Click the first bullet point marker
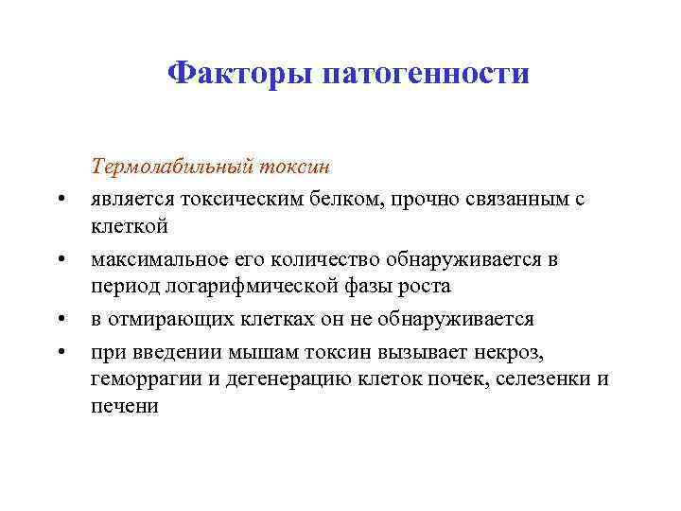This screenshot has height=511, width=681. (x=60, y=199)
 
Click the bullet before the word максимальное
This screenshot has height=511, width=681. (x=60, y=259)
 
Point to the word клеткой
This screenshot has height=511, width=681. (x=130, y=227)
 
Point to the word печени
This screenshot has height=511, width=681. (x=125, y=408)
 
